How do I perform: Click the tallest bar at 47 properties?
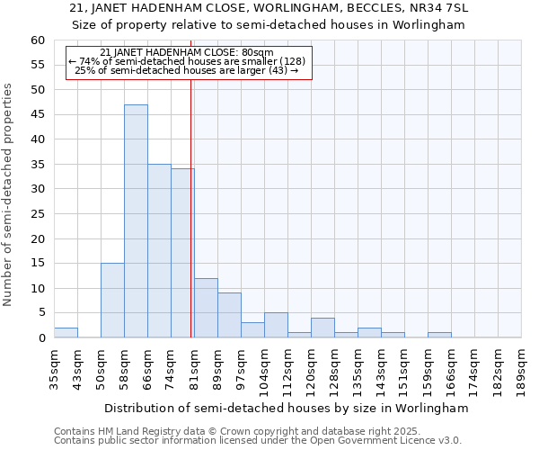(x=136, y=220)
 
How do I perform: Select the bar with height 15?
(x=112, y=301)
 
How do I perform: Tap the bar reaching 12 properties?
(x=206, y=308)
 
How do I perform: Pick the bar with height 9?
(x=229, y=315)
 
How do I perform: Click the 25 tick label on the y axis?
(x=37, y=214)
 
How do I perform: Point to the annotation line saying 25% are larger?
(x=187, y=69)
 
